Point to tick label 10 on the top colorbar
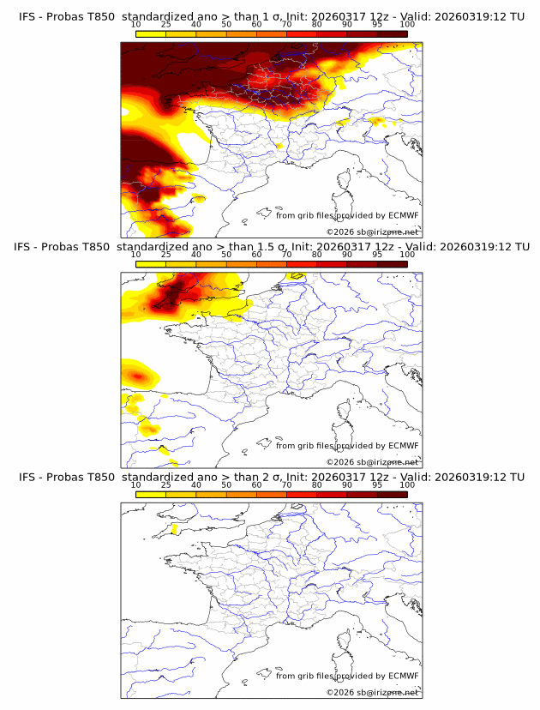(136, 26)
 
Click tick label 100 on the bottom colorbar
(407, 485)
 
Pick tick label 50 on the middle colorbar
(226, 256)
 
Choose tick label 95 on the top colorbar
(377, 26)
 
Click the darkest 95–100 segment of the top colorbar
(392, 34)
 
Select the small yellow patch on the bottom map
(174, 529)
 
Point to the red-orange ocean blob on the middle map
(137, 376)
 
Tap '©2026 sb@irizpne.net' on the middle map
(372, 462)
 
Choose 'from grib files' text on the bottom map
(304, 676)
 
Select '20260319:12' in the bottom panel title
(474, 477)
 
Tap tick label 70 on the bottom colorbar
(286, 485)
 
